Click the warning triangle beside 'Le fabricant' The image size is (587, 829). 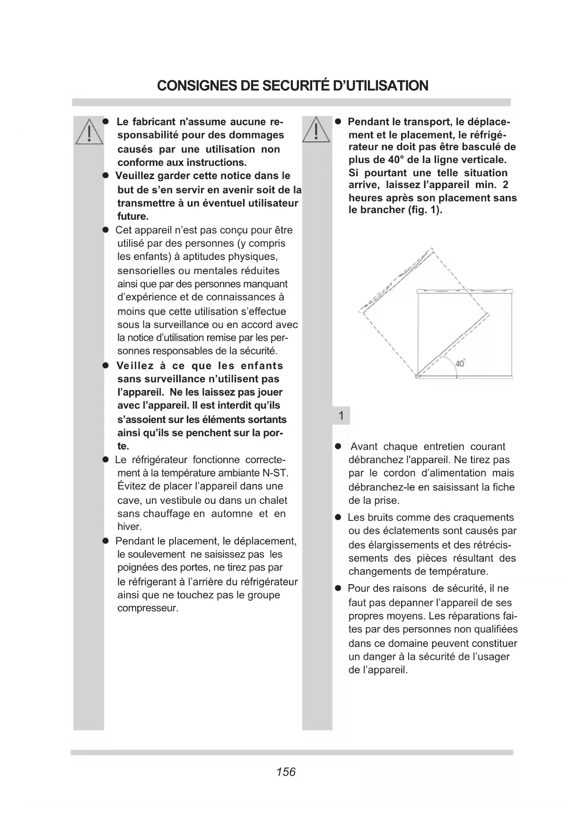(x=88, y=130)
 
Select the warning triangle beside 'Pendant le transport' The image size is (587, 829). (x=316, y=129)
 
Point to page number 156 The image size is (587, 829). (x=286, y=772)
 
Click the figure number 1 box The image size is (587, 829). (x=341, y=416)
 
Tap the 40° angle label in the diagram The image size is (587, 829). (x=459, y=363)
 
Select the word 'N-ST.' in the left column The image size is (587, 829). (x=276, y=473)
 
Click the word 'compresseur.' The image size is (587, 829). (x=148, y=608)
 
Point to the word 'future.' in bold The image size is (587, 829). (x=133, y=216)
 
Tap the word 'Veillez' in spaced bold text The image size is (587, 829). (x=135, y=366)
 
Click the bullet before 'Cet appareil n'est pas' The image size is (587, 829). (x=106, y=230)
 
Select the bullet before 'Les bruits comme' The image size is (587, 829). (x=338, y=518)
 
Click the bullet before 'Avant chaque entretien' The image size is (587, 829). (x=338, y=447)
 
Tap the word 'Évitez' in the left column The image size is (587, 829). (x=131, y=486)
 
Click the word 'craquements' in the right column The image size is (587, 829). (x=485, y=518)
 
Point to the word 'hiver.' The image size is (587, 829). (x=129, y=527)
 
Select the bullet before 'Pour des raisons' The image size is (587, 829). (x=338, y=589)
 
